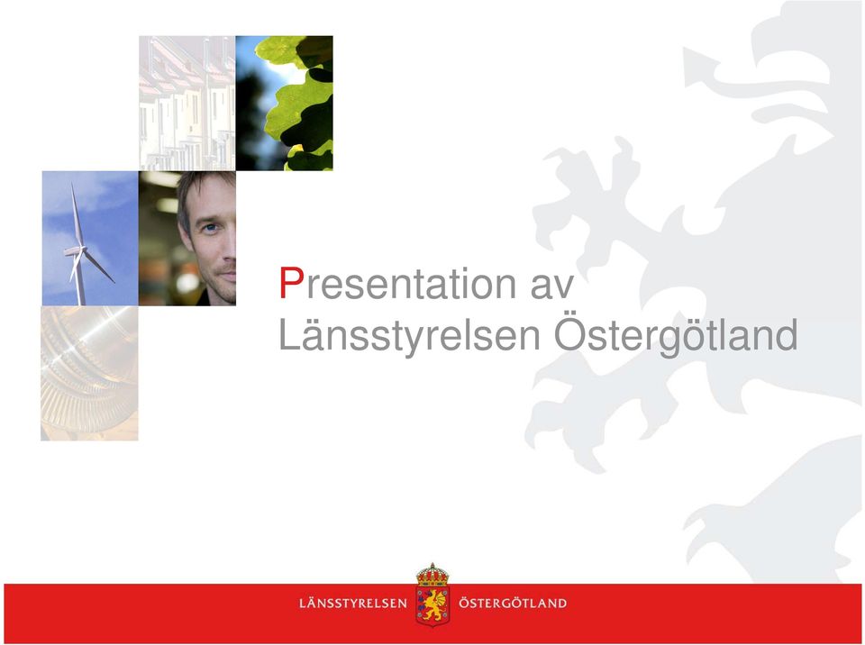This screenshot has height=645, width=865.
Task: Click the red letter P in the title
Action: pyautogui.click(x=291, y=283)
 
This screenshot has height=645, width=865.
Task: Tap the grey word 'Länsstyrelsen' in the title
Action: pyautogui.click(x=409, y=335)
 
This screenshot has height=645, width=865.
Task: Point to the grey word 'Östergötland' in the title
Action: pyautogui.click(x=676, y=334)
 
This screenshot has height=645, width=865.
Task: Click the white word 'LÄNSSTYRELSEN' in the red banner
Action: pyautogui.click(x=353, y=603)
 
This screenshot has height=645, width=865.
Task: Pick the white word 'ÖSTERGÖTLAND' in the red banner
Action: pyautogui.click(x=513, y=603)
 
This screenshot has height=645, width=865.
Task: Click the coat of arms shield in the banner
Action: pyautogui.click(x=432, y=605)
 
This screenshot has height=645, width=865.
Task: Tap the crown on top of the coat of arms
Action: pyautogui.click(x=432, y=575)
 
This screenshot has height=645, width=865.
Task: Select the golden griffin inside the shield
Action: pyautogui.click(x=433, y=604)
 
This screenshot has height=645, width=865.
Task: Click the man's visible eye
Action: pyautogui.click(x=210, y=227)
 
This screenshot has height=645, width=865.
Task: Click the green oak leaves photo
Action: pyautogui.click(x=284, y=104)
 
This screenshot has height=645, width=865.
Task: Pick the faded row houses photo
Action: pyautogui.click(x=187, y=104)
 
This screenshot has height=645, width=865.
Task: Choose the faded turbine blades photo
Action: pyautogui.click(x=89, y=373)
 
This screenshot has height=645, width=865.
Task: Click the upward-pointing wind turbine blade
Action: pyautogui.click(x=76, y=215)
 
